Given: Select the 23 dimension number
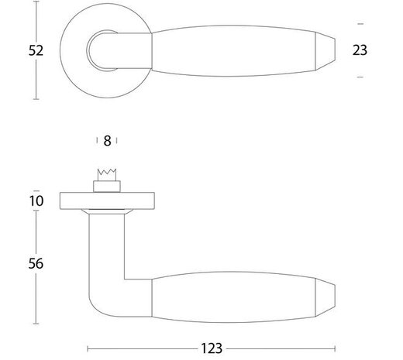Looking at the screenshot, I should [x=359, y=50].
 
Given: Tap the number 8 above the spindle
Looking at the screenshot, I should [x=107, y=141].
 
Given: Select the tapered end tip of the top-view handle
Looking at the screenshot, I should [x=329, y=51].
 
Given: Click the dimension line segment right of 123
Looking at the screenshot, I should [x=287, y=348].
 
